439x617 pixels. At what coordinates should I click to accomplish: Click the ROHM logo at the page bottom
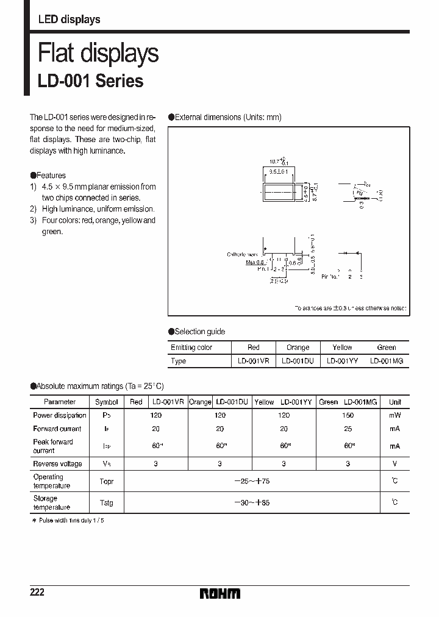click(x=220, y=593)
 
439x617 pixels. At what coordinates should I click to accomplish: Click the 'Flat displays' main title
click(x=98, y=54)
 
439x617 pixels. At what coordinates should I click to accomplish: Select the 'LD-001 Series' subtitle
click(x=91, y=81)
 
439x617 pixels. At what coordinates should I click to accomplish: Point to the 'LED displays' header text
click(x=69, y=20)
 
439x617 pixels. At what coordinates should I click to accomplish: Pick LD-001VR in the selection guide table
click(x=254, y=361)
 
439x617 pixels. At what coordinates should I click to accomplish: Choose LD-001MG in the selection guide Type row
click(x=387, y=361)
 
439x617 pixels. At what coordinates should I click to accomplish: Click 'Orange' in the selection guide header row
click(x=298, y=348)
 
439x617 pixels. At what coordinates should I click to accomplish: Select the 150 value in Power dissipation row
click(x=348, y=415)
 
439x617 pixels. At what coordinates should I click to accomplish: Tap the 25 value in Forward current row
click(x=348, y=429)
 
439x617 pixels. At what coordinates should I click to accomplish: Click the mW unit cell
click(x=395, y=415)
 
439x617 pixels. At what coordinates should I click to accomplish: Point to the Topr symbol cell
click(x=107, y=481)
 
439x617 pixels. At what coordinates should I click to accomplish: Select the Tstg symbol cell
click(x=107, y=503)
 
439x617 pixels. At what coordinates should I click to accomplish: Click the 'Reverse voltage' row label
click(x=57, y=464)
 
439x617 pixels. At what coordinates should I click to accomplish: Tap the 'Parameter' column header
click(x=60, y=402)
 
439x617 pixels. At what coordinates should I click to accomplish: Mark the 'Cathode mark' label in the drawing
click(x=242, y=254)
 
